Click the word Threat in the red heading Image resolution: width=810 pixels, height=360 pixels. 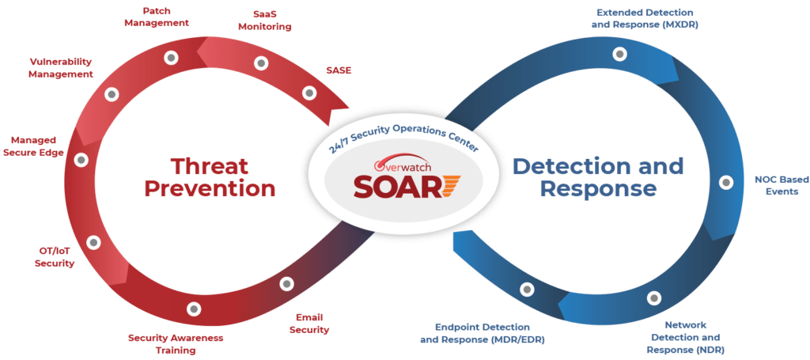pyautogui.click(x=210, y=167)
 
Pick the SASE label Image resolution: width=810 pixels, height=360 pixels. pyautogui.click(x=338, y=70)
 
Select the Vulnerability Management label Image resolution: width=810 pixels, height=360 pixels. pyautogui.click(x=61, y=67)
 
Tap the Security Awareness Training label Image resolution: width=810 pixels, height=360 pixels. pyautogui.click(x=176, y=343)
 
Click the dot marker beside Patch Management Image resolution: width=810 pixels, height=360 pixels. pyautogui.click(x=170, y=57)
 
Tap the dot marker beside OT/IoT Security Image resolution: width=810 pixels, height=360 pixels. pyautogui.click(x=93, y=242)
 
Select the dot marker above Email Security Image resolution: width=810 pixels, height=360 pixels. pyautogui.click(x=286, y=282)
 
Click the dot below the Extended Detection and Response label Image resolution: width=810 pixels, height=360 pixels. pyautogui.click(x=620, y=54)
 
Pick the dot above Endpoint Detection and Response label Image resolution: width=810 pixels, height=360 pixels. pyautogui.click(x=524, y=290)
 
